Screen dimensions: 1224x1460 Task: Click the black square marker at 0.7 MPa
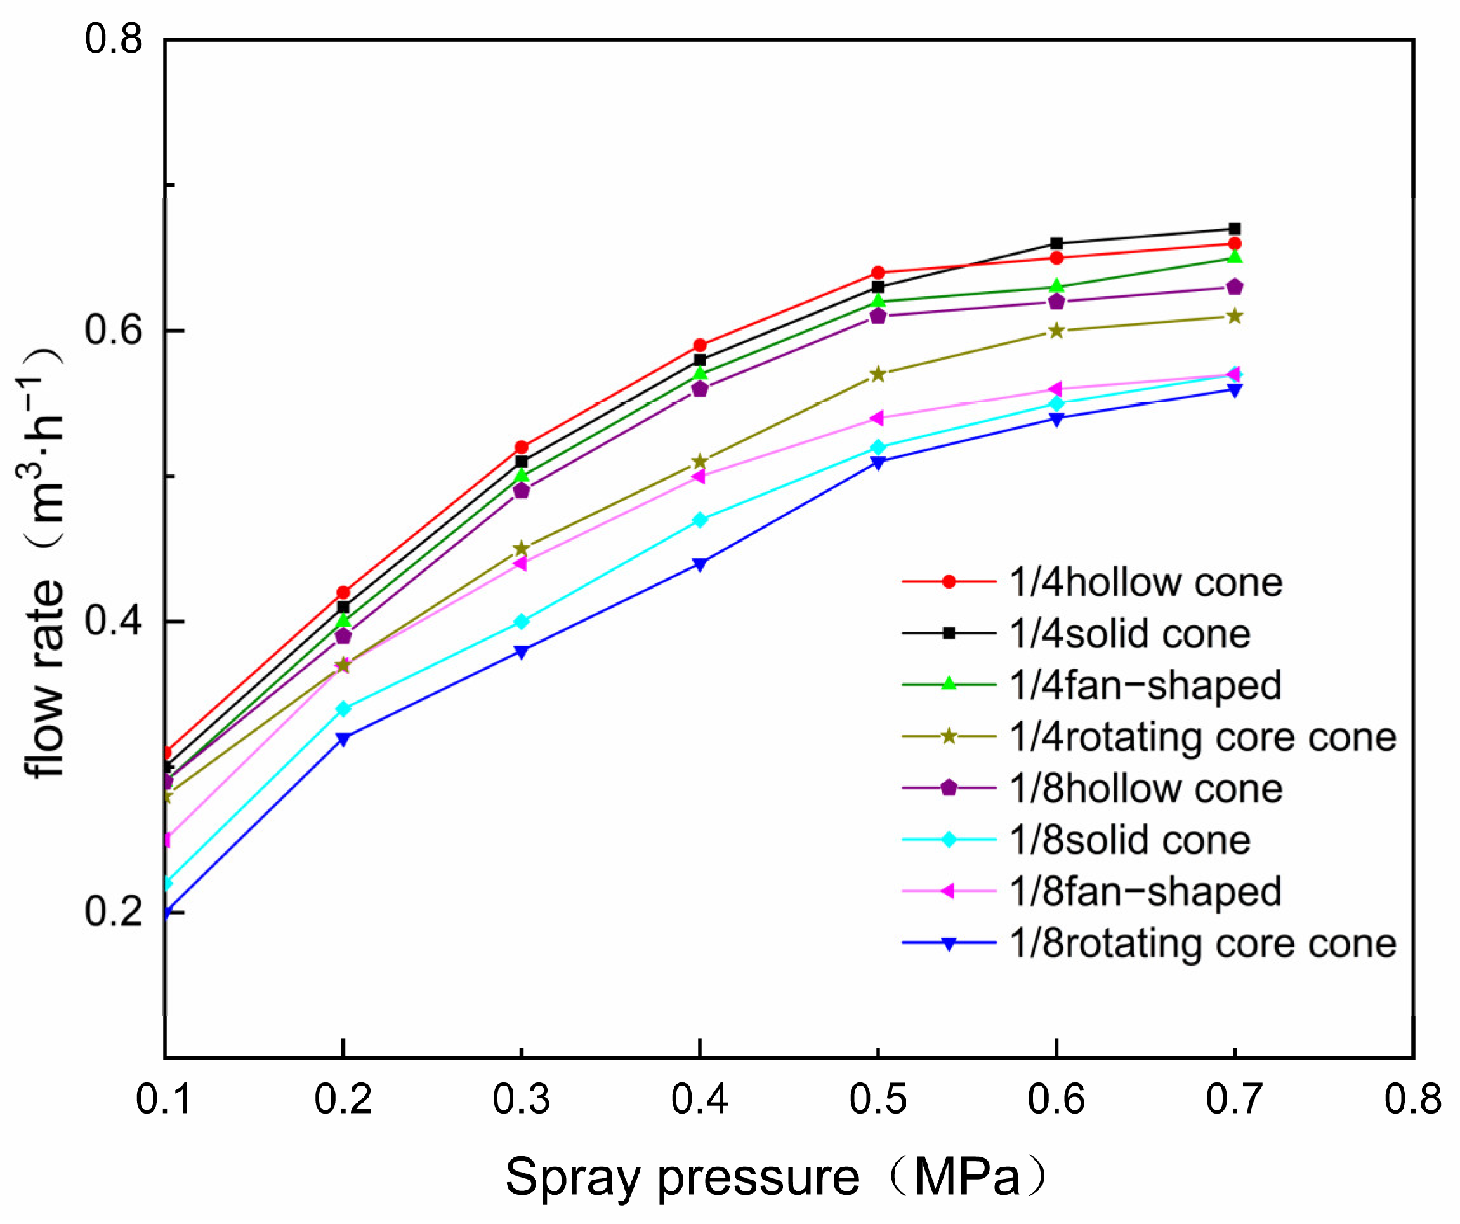(x=1235, y=229)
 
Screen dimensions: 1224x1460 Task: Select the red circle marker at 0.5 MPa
(x=878, y=272)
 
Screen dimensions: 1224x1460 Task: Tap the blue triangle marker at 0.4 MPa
(x=700, y=564)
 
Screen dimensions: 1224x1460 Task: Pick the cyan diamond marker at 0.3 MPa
(x=522, y=621)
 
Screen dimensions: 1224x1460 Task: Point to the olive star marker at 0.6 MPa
(x=1056, y=330)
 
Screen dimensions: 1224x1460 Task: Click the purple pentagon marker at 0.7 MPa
(x=1235, y=286)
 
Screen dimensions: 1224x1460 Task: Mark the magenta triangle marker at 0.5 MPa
(x=878, y=418)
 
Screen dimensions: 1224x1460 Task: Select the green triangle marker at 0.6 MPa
(x=1056, y=286)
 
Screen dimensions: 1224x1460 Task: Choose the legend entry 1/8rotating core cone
(x=1203, y=944)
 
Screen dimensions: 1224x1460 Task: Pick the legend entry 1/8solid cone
(x=1130, y=840)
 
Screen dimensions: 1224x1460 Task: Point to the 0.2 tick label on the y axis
(x=114, y=911)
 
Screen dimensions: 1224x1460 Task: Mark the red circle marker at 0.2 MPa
(x=343, y=592)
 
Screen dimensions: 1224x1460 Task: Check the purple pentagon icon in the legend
(x=949, y=788)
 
